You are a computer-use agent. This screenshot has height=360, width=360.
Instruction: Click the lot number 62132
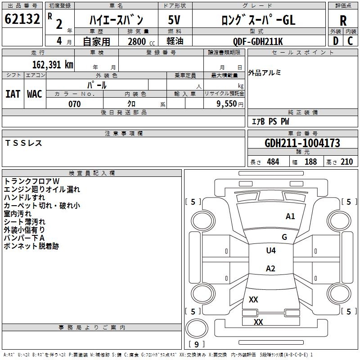point(22,19)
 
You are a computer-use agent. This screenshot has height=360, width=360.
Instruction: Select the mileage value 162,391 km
point(53,65)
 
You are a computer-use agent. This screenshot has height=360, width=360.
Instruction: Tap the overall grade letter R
point(343,21)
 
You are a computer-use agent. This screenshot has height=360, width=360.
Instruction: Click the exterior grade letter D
point(336,41)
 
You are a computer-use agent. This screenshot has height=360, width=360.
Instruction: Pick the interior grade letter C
point(351,41)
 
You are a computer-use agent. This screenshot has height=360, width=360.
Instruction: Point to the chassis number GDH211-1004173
point(302,143)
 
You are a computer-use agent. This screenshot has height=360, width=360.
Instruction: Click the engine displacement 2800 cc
point(141,41)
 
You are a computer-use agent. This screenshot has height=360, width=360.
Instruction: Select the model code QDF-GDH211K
point(258,41)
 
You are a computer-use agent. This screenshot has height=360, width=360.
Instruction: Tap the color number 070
point(75,104)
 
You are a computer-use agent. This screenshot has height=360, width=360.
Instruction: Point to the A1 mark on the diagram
point(290,216)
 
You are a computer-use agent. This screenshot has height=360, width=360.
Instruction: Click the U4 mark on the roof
point(271,250)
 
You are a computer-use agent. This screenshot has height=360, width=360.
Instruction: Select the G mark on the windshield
point(284,237)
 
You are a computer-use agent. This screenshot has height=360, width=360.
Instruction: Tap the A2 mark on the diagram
point(270,268)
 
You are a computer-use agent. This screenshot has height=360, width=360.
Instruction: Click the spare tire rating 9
point(197,344)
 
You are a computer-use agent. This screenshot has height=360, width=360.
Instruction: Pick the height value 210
point(346,162)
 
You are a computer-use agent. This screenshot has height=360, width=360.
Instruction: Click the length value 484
point(273,162)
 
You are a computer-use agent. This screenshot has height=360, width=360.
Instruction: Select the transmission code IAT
point(13,94)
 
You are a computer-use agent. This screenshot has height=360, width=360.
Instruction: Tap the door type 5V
point(174,20)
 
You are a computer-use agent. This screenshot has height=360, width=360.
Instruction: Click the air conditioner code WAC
point(35,94)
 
